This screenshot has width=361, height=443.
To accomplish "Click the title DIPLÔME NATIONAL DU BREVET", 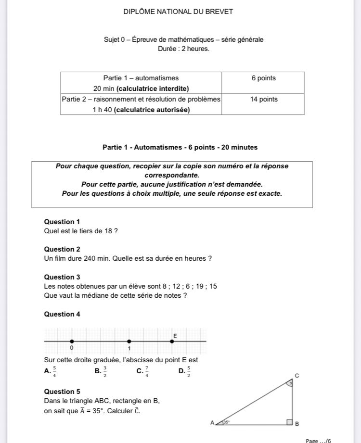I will pyautogui.click(x=178, y=12).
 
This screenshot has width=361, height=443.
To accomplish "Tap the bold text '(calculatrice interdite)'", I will pyautogui.click(x=153, y=89).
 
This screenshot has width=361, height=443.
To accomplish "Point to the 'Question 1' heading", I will pyautogui.click(x=62, y=222).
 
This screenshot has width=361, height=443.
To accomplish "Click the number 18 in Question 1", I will pyautogui.click(x=108, y=231).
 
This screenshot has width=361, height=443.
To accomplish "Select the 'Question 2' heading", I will pyautogui.click(x=62, y=249).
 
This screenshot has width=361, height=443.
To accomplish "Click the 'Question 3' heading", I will pyautogui.click(x=62, y=277).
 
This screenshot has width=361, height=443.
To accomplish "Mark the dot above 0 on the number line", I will pyautogui.click(x=72, y=341).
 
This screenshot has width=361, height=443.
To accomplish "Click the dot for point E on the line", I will pyautogui.click(x=172, y=341).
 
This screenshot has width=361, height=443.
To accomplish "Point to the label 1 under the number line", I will pyautogui.click(x=129, y=348).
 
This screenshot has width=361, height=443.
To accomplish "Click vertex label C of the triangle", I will pyautogui.click(x=297, y=375).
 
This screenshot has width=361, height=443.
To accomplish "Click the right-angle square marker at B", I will pyautogui.click(x=289, y=422).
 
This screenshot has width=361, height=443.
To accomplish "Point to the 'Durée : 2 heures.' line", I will pyautogui.click(x=183, y=49).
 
